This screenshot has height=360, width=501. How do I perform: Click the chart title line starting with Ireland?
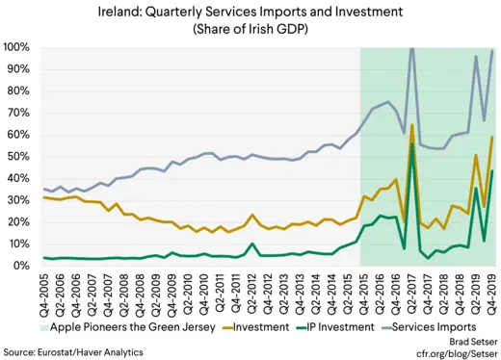250,12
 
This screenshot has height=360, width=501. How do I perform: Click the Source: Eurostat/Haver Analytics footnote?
73,352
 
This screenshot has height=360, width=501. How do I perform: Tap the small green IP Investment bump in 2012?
251,244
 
